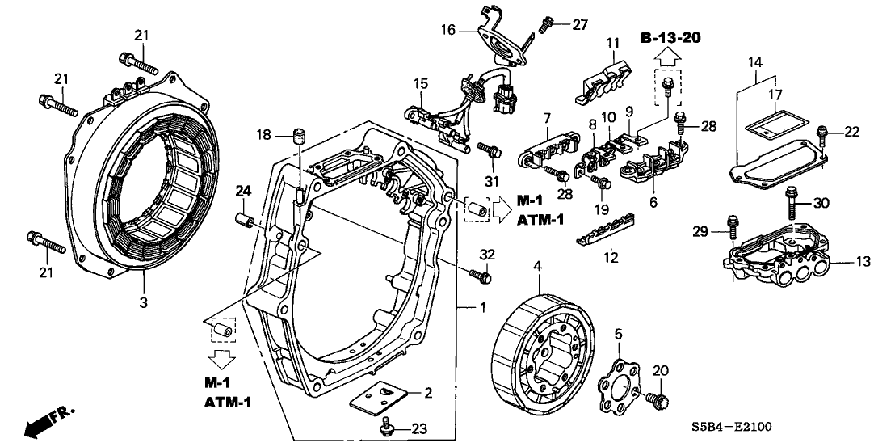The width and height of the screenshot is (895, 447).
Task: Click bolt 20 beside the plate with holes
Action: point(656,399)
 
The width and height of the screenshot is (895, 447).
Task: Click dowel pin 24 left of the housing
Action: point(245,220)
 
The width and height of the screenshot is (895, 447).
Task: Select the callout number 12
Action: point(611,259)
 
